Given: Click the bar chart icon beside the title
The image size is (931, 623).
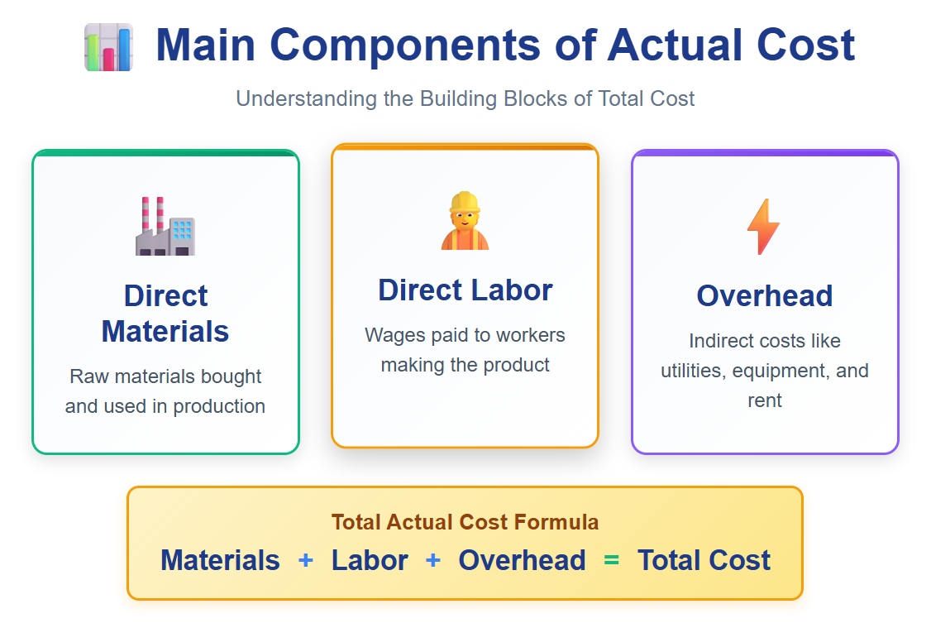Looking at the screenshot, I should click(108, 47).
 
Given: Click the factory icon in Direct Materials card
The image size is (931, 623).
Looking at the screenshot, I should click(165, 227).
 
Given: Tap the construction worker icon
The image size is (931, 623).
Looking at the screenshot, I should click(465, 221).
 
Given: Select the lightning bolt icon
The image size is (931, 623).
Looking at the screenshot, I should click(763, 227).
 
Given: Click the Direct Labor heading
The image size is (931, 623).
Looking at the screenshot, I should click(465, 290).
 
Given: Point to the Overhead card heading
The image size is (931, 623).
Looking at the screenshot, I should click(764, 295).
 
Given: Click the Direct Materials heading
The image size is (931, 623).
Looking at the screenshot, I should click(165, 314).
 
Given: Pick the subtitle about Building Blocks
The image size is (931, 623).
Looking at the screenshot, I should click(465, 98).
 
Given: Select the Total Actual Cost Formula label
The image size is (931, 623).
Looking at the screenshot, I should click(465, 522).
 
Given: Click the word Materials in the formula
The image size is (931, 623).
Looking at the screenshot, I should click(220, 560).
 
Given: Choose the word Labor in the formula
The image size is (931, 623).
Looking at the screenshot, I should click(370, 560).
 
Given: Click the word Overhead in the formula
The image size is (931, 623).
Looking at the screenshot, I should click(522, 560).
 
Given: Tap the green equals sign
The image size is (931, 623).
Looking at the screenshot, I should click(611, 560).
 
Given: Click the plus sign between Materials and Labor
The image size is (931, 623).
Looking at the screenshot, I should click(306, 560).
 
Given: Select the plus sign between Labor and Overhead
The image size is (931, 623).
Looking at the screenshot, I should click(433, 560).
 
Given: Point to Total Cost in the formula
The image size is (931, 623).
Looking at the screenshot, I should click(704, 560).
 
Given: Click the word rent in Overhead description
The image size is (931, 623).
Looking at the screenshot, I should click(764, 400).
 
